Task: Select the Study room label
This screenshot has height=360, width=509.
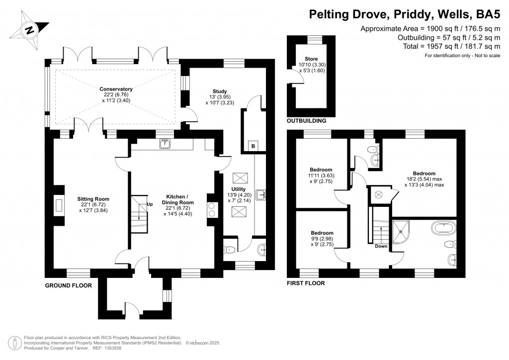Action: pos(220,91)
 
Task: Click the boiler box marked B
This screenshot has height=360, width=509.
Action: pos(253,146)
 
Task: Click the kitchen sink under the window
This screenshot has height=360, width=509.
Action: pos(165,144)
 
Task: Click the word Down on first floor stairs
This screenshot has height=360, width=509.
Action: pos(381,246)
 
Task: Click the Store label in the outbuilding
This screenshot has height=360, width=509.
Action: pos(311,59)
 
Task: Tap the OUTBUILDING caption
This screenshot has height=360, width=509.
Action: pos(306,121)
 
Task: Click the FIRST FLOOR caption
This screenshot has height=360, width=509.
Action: pos(306,283)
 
